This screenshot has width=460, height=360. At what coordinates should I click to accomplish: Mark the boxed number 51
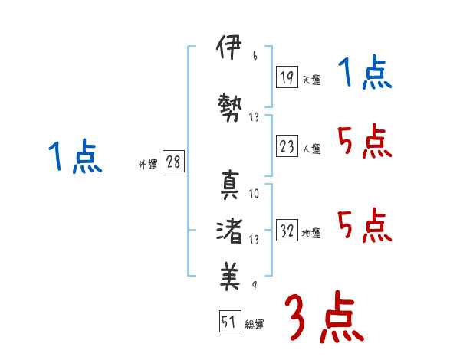tap(228, 322)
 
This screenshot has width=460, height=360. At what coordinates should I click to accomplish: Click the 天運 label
tap(311, 80)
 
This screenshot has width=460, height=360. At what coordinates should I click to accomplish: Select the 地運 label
tap(311, 234)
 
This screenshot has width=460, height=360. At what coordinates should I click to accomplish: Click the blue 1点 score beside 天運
tap(364, 74)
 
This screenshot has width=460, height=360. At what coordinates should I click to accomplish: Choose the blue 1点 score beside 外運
tap(74, 157)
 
